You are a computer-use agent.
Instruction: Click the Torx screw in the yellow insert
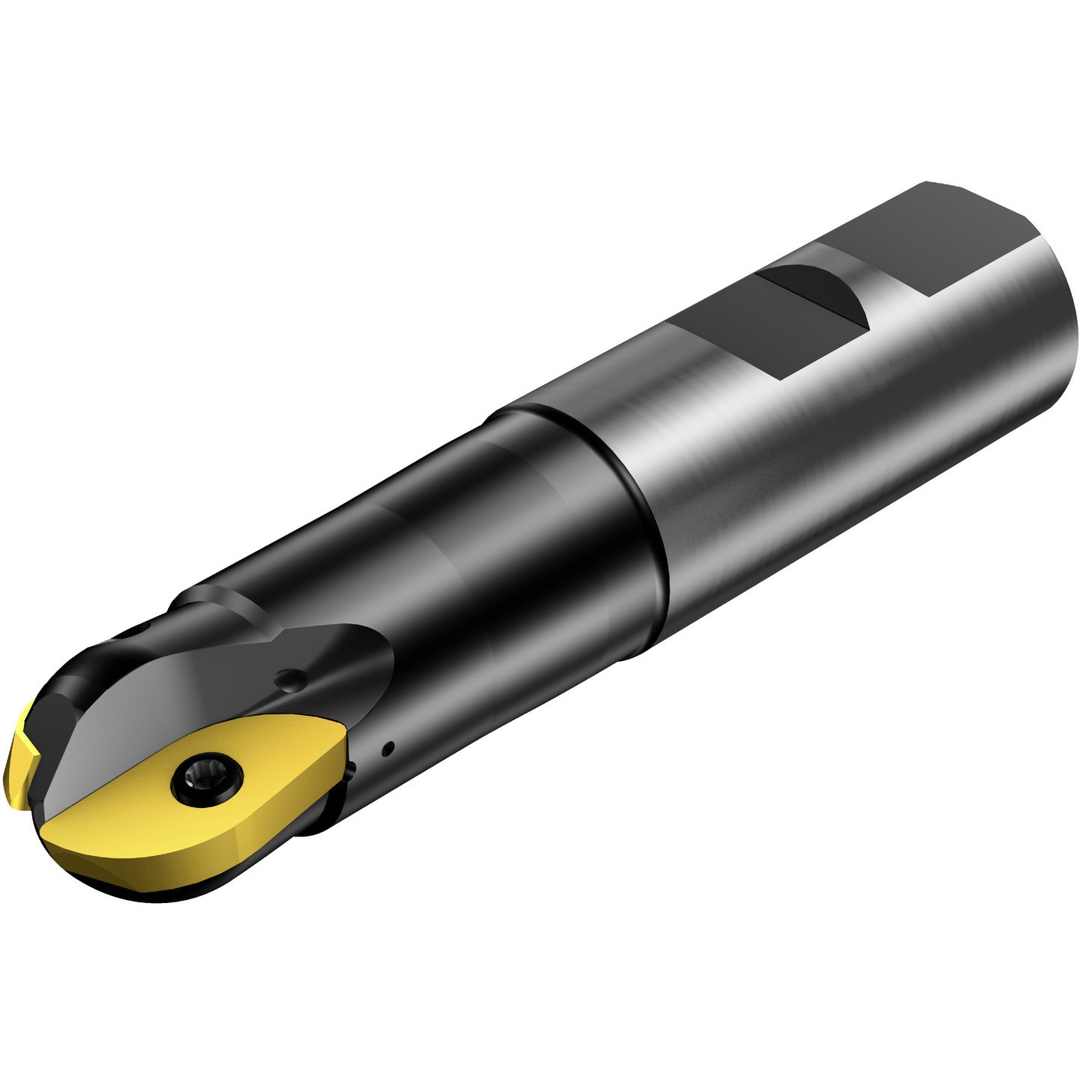click(x=207, y=780)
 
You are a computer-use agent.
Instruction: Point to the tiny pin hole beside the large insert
click(x=387, y=747)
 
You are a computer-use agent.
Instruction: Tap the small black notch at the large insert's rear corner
click(x=351, y=772)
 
